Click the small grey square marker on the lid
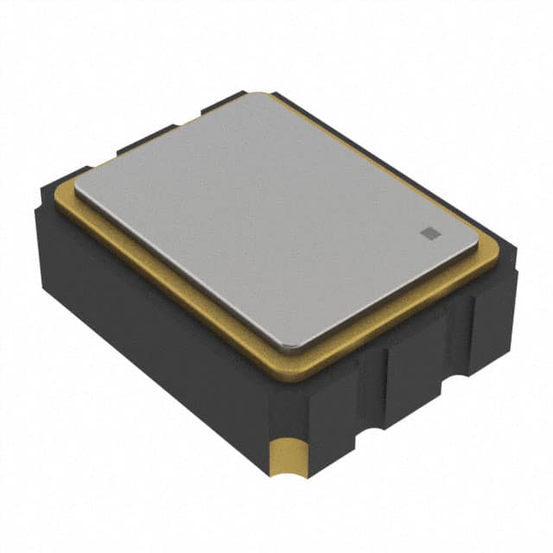tap(428, 231)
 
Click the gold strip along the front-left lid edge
tap(173, 285)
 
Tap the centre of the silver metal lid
tap(276, 220)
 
